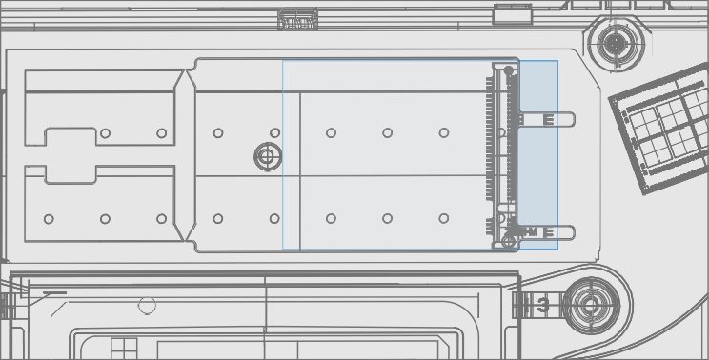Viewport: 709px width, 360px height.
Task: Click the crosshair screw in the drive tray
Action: click(x=267, y=156)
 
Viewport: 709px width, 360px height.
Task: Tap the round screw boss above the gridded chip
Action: click(x=615, y=42)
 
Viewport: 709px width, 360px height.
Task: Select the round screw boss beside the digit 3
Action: click(x=590, y=305)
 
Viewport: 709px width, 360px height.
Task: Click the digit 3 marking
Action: click(x=542, y=306)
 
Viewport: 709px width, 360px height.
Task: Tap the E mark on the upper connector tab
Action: click(x=548, y=120)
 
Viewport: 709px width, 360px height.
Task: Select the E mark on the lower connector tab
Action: click(x=548, y=231)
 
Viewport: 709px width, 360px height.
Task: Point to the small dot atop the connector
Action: click(x=507, y=69)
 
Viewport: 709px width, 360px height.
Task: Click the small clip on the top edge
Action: click(x=298, y=18)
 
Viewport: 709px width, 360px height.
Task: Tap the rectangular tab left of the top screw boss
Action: click(x=513, y=14)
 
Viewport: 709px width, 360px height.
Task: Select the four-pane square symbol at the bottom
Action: click(x=124, y=348)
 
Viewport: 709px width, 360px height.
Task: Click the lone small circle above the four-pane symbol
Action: click(x=147, y=306)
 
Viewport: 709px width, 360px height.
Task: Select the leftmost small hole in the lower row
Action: click(x=49, y=219)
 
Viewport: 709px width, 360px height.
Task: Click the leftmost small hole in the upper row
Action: click(x=105, y=133)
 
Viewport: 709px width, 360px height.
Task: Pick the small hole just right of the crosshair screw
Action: click(x=275, y=133)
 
